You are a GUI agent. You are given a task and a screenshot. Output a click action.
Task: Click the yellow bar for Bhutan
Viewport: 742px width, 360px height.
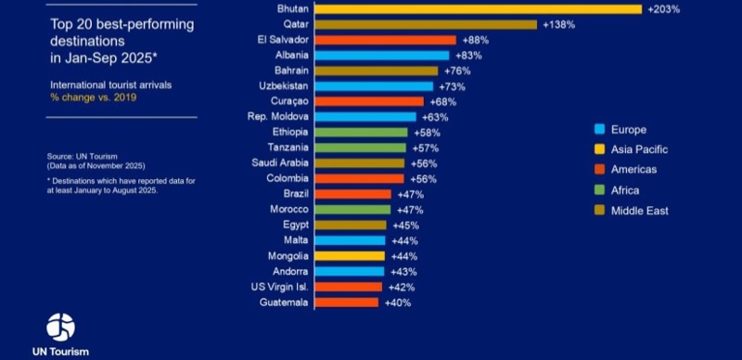pyautogui.click(x=479, y=9)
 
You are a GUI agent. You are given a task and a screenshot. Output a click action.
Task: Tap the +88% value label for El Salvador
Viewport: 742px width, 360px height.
pyautogui.click(x=474, y=41)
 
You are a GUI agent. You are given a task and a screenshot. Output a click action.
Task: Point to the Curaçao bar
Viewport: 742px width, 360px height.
pyautogui.click(x=369, y=102)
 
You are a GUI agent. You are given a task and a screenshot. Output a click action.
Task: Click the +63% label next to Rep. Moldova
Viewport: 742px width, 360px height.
pyautogui.click(x=435, y=118)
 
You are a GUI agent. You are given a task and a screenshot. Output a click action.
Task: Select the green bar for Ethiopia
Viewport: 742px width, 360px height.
pyautogui.click(x=362, y=133)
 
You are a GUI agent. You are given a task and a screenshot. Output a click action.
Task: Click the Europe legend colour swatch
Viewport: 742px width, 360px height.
pyautogui.click(x=600, y=129)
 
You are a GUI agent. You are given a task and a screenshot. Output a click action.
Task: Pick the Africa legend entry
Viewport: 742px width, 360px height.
pyautogui.click(x=628, y=190)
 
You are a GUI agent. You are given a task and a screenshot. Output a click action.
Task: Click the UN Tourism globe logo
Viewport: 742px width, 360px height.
pyautogui.click(x=60, y=327)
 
